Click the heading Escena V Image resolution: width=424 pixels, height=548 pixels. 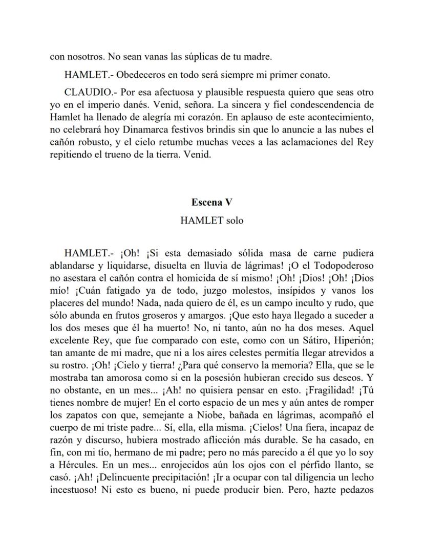pyautogui.click(x=212, y=202)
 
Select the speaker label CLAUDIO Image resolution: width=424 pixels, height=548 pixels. pyautogui.click(x=84, y=93)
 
